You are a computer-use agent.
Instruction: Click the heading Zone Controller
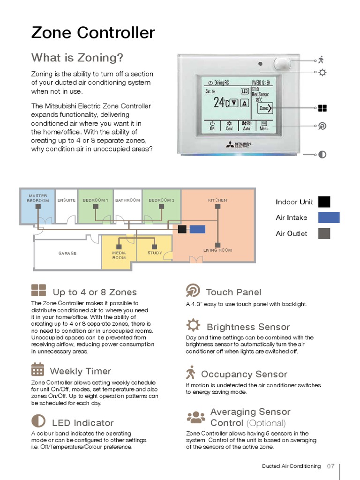click(93, 33)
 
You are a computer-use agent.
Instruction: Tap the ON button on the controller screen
click(212, 125)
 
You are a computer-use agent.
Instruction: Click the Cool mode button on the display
click(229, 125)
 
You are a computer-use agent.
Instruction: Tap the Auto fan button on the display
click(247, 125)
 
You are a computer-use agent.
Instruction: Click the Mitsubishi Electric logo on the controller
click(239, 144)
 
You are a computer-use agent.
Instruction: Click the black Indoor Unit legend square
click(324, 202)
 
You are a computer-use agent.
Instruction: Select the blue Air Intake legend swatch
click(329, 217)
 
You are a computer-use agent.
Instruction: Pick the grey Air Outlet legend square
click(324, 233)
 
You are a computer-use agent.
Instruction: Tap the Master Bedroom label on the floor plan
click(38, 198)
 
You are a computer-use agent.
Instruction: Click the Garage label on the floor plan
click(67, 253)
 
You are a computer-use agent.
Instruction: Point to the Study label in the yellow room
click(155, 253)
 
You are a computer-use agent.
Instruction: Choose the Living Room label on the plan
click(217, 250)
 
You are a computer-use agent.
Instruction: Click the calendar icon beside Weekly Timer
click(37, 369)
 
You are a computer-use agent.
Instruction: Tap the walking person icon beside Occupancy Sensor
click(190, 373)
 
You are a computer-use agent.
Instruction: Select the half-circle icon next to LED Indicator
click(38, 420)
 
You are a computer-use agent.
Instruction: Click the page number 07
click(330, 466)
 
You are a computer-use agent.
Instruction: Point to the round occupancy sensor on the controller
click(282, 63)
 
